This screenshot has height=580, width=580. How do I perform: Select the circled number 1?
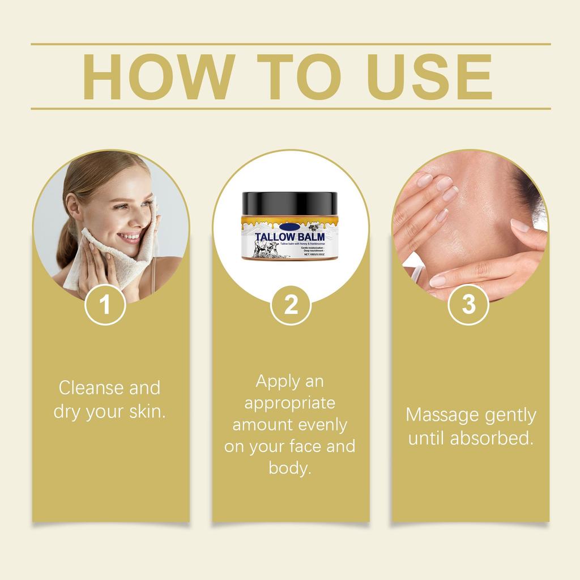(105, 305)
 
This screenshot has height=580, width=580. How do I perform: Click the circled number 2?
(291, 305)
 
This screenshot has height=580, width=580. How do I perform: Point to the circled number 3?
(469, 305)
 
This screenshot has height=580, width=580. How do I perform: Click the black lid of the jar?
(289, 202)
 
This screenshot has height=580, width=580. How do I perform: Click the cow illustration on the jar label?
(266, 249)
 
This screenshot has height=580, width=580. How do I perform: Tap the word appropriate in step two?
(290, 403)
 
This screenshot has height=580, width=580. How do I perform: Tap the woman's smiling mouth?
(129, 236)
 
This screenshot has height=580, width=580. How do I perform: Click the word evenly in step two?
(321, 425)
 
